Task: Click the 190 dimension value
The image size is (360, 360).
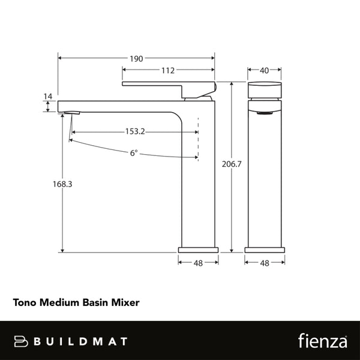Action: (136, 58)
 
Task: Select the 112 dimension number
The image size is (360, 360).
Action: (168, 70)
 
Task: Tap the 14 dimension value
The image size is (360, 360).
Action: (48, 96)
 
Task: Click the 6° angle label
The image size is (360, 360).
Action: (134, 153)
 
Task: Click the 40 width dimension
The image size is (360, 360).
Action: (264, 70)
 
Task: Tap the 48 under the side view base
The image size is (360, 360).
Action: (198, 262)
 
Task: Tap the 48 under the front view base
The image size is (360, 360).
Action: (264, 262)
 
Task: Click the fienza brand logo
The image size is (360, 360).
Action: (323, 341)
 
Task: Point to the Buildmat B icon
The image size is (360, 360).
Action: (22, 341)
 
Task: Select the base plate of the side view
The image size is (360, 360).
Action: (199, 248)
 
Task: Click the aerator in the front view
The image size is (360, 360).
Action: (264, 112)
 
